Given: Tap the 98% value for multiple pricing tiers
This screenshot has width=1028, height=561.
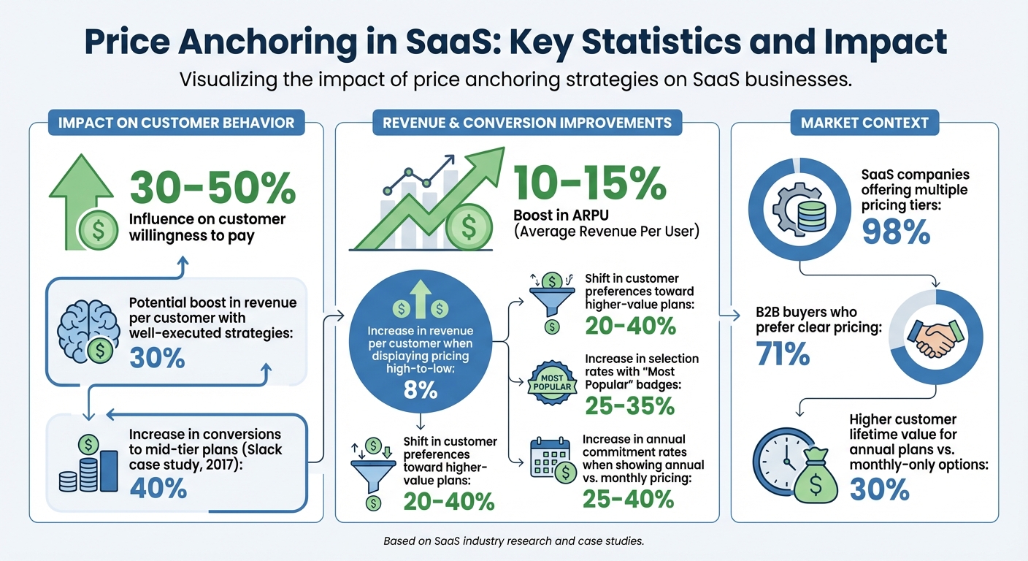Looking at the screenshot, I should pyautogui.click(x=896, y=232).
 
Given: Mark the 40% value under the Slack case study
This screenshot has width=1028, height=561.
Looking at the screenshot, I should pyautogui.click(x=158, y=487).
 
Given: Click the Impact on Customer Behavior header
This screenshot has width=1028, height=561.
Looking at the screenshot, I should pyautogui.click(x=175, y=123).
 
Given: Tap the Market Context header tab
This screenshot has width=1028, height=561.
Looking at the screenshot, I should pyautogui.click(x=864, y=123).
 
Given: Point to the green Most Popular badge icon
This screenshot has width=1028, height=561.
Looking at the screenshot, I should pyautogui.click(x=553, y=381).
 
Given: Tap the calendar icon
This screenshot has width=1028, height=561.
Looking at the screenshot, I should pyautogui.click(x=548, y=461).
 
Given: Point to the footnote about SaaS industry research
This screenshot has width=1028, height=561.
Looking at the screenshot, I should pyautogui.click(x=513, y=541).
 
